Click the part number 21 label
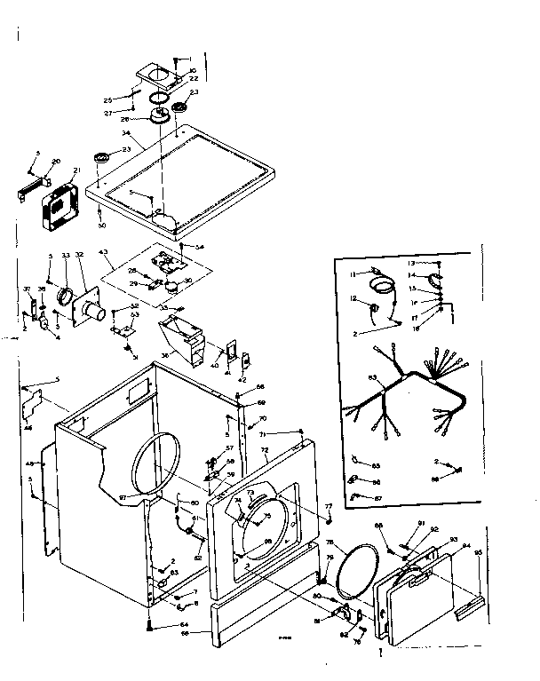[x=76, y=170]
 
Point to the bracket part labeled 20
[x=29, y=189]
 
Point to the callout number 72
[x=265, y=452]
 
